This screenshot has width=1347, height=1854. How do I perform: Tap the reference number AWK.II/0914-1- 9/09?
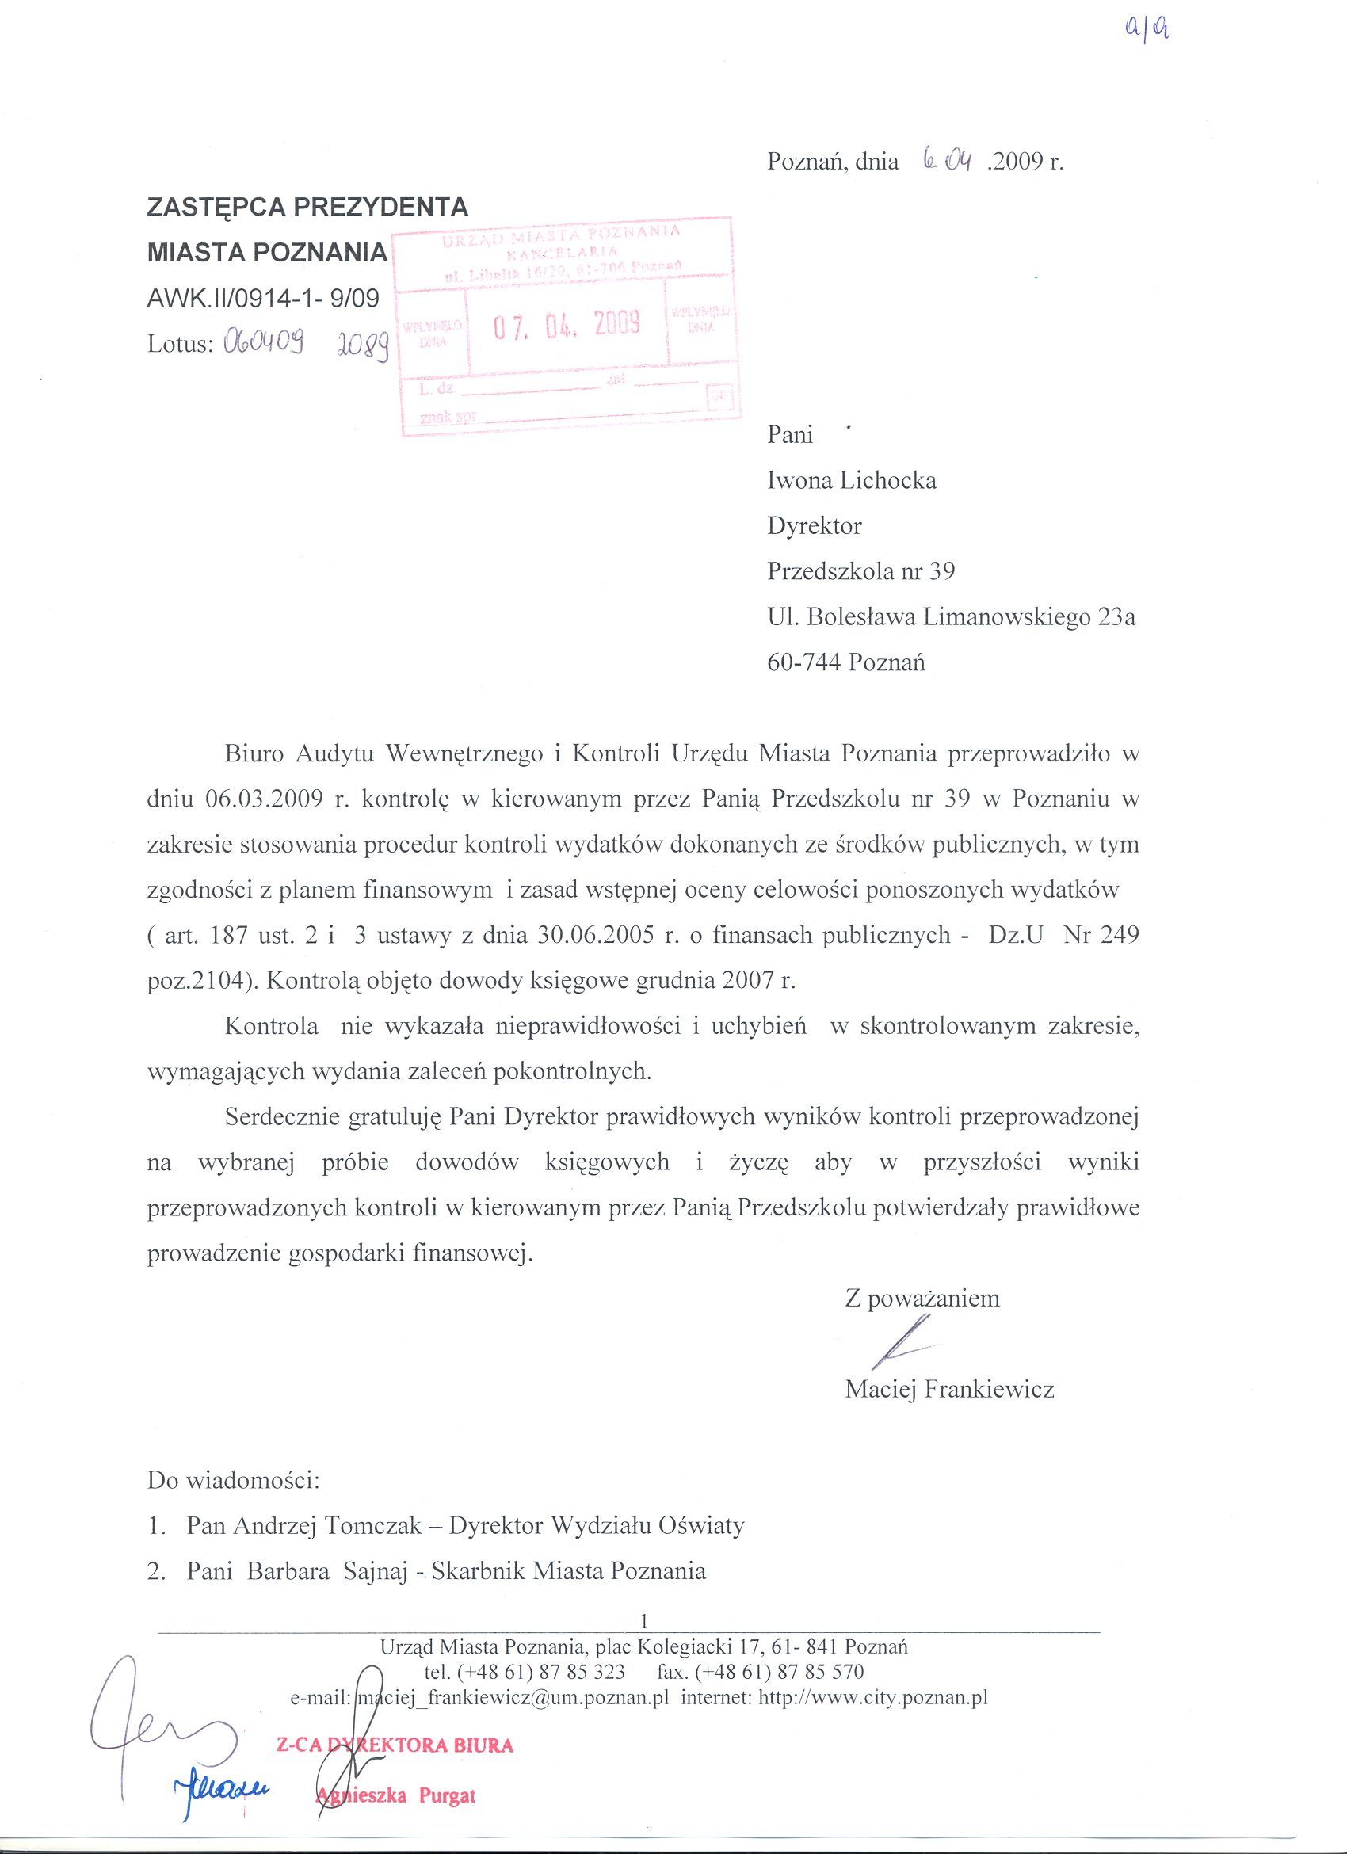[263, 299]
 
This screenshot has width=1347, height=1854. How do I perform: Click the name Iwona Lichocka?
[851, 480]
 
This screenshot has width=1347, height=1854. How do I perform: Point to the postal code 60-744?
[803, 662]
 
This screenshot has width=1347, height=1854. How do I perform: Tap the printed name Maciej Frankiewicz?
[949, 1389]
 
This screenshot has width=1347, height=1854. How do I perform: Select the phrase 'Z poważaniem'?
[922, 1298]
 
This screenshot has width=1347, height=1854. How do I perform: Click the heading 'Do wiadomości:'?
[233, 1480]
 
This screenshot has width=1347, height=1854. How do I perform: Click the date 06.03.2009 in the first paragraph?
[261, 799]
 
